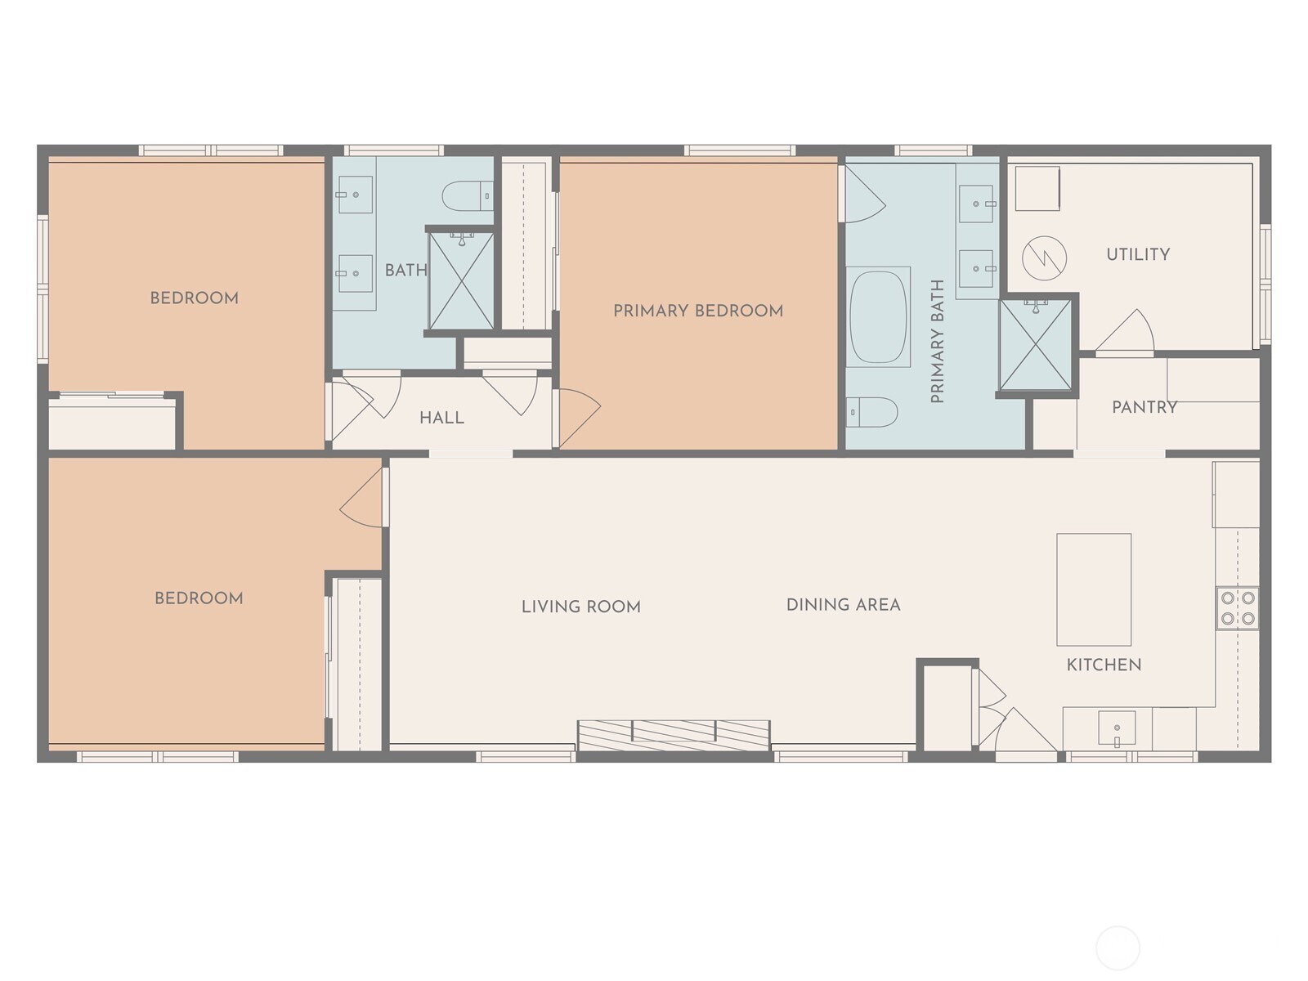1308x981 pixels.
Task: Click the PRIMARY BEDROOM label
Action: tap(698, 311)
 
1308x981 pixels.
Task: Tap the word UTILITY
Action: tap(1137, 254)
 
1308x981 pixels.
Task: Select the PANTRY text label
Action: tap(1144, 407)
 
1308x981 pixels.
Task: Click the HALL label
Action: tap(441, 418)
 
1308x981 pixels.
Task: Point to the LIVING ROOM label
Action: tap(580, 607)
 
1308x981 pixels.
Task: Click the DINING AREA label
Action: tap(843, 605)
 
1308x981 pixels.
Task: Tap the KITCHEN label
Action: tap(1104, 665)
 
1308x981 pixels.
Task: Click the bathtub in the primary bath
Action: tap(879, 316)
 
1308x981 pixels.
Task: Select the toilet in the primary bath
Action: tap(871, 412)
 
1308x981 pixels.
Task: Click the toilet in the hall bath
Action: tap(467, 195)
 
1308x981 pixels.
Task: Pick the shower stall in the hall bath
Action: tap(461, 281)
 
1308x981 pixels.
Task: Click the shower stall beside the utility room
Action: tap(1035, 345)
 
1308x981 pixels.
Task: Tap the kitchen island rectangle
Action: tap(1094, 589)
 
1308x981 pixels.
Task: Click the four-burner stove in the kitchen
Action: tap(1237, 608)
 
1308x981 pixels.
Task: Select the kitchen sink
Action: tap(1116, 728)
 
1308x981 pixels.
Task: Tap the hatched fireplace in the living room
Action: tap(674, 734)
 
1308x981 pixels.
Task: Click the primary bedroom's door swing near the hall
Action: tap(578, 415)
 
